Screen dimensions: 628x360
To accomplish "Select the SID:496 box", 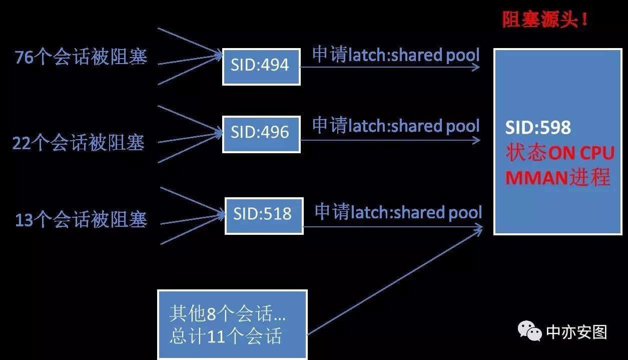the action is (x=261, y=134).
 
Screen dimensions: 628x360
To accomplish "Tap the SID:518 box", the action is (x=264, y=215).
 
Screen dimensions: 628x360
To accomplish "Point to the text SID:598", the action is (x=538, y=128).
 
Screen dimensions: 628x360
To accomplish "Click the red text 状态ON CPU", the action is (x=560, y=153).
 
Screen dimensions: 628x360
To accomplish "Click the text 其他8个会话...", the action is (x=228, y=314).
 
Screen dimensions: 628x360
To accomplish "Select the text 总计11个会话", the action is (x=225, y=336).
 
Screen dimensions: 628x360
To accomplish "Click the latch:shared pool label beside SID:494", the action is (x=396, y=55).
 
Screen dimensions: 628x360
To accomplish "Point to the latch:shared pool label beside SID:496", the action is (x=396, y=126).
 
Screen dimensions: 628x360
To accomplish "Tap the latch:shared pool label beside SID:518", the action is (x=398, y=212).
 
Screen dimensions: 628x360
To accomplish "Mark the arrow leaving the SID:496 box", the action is (x=390, y=140).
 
